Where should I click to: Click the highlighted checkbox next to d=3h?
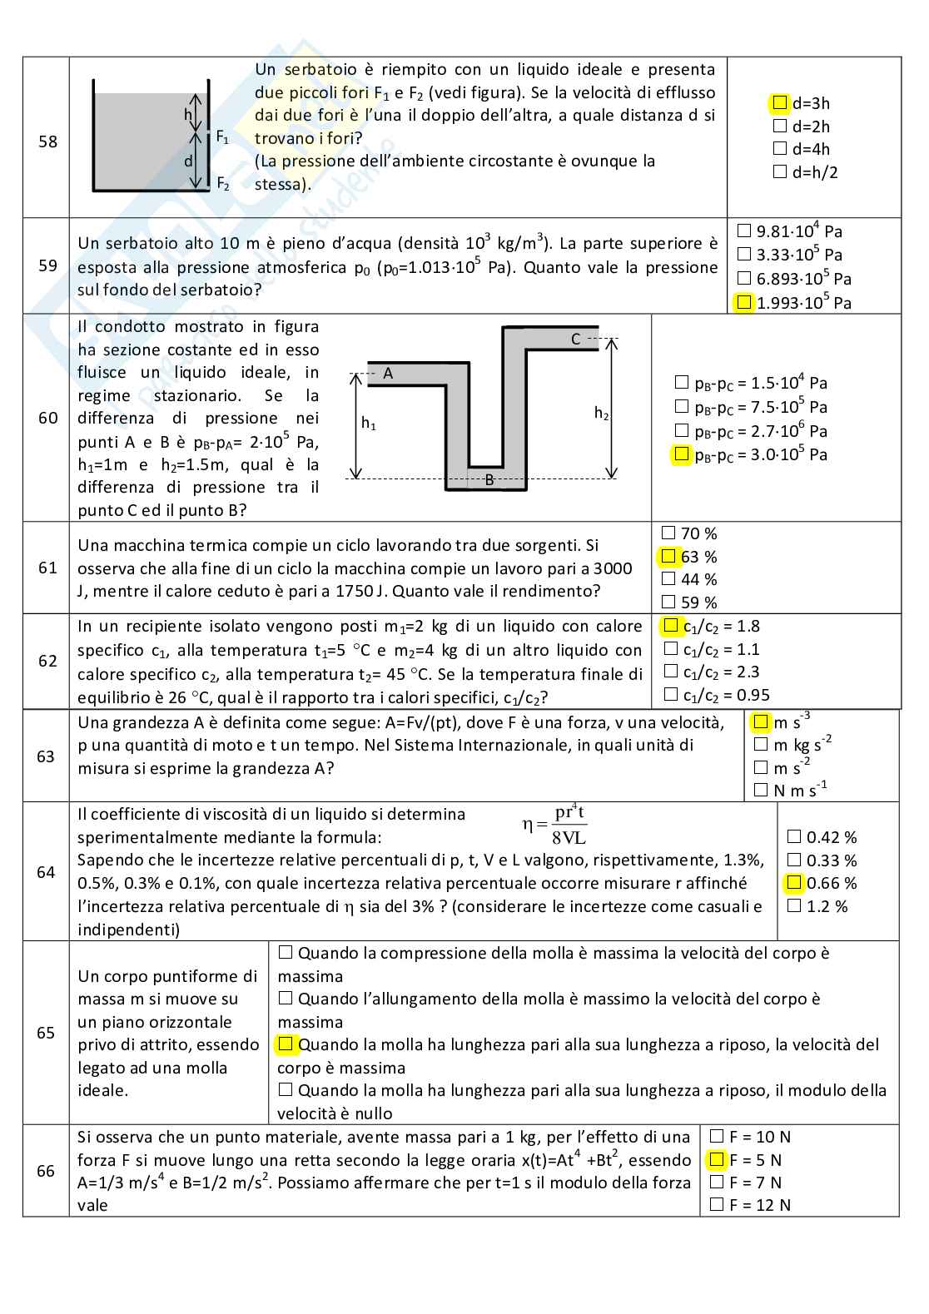779,103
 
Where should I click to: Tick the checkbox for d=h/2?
780,172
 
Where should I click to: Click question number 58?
47,141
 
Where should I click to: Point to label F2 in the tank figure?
223,183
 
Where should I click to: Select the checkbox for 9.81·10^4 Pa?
744,231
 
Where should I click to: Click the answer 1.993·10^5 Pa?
803,303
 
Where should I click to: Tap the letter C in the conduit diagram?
575,339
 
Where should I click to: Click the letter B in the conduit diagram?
489,480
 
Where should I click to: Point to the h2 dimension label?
601,412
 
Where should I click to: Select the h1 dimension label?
368,424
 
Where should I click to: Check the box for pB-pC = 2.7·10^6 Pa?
681,430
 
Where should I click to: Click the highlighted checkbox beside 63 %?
668,556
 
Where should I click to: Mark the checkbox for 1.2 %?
794,905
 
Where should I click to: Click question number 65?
46,1033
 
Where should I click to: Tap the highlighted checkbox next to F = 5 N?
716,1159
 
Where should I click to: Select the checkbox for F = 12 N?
717,1203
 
